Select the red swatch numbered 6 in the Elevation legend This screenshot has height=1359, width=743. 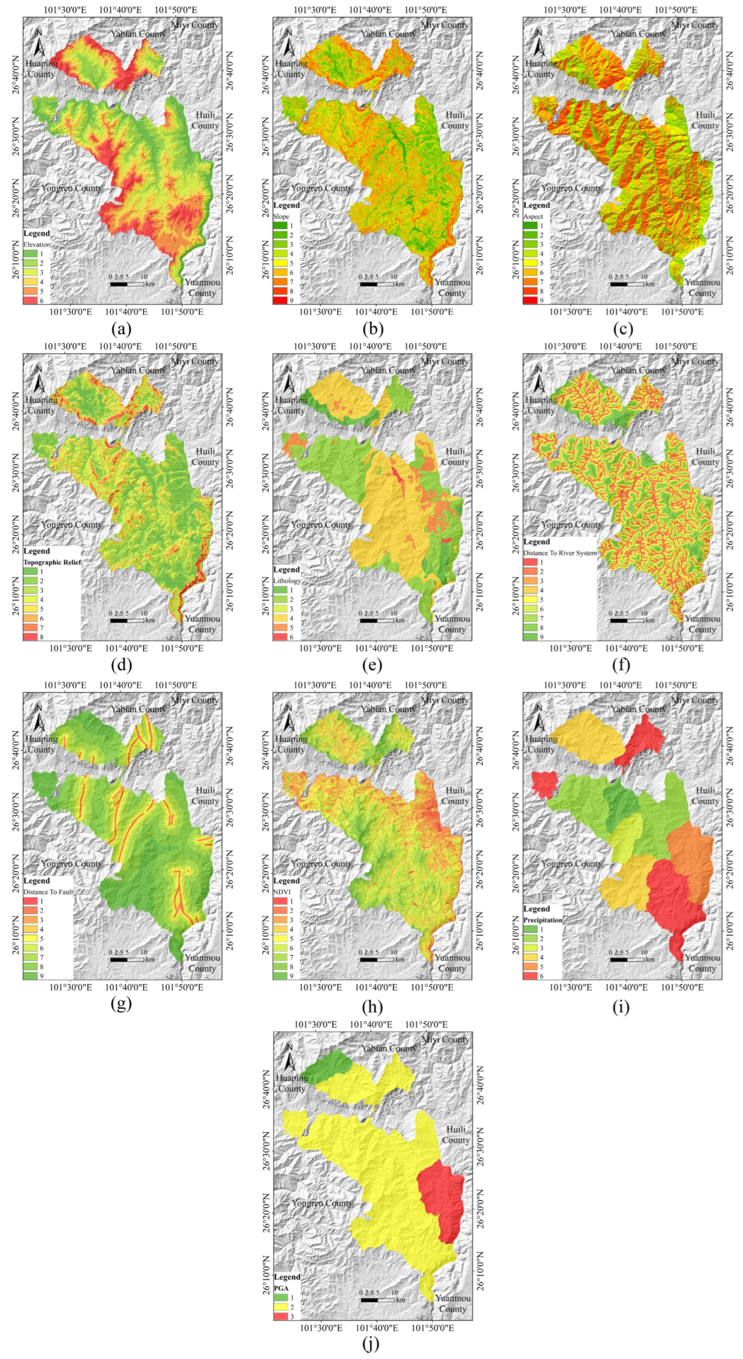[x=30, y=300]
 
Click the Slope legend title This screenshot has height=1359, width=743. [x=282, y=216]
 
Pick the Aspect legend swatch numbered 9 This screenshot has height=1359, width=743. [x=530, y=300]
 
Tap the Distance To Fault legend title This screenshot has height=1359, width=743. [x=48, y=892]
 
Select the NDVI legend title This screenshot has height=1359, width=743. [x=281, y=892]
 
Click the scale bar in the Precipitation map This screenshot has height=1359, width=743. [x=627, y=959]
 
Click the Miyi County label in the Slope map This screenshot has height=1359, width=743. [x=445, y=25]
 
